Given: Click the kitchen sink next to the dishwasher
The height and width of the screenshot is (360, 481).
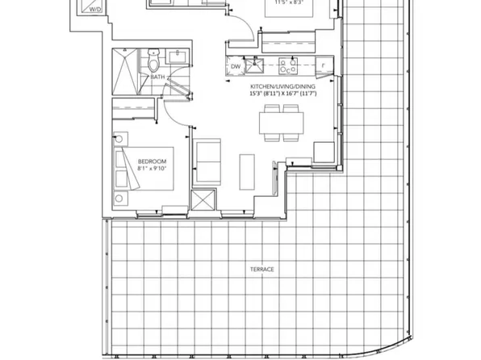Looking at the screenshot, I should tap(260, 65).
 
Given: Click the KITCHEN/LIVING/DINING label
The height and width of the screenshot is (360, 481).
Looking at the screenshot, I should tap(279, 85).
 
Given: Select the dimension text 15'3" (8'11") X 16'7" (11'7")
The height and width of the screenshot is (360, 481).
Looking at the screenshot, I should tap(279, 93).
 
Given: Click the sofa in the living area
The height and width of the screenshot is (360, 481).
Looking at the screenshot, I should tap(209, 161).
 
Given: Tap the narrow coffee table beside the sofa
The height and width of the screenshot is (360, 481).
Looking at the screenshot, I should tap(248, 166).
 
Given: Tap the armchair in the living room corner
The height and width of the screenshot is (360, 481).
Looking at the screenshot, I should tap(323, 152).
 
